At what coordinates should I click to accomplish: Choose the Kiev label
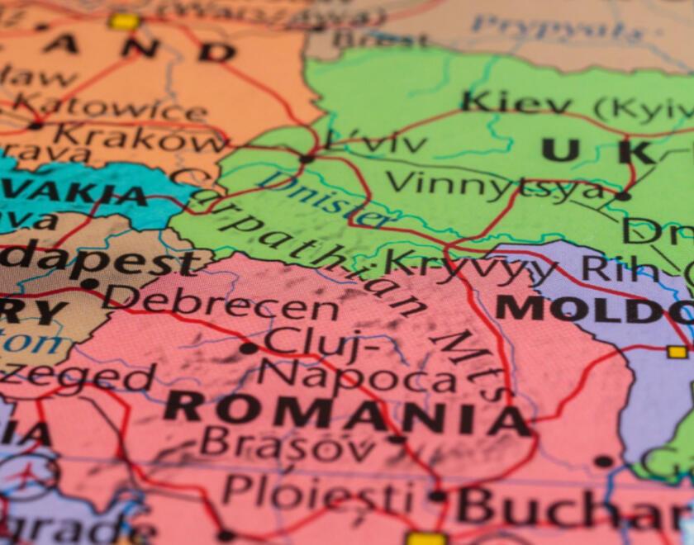pyautogui.click(x=516, y=104)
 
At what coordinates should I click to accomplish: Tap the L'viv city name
pyautogui.click(x=377, y=141)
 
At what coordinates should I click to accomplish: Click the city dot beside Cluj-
pyautogui.click(x=248, y=348)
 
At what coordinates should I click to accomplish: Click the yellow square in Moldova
pyautogui.click(x=677, y=352)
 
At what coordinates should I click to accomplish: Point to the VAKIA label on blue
pyautogui.click(x=74, y=195)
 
